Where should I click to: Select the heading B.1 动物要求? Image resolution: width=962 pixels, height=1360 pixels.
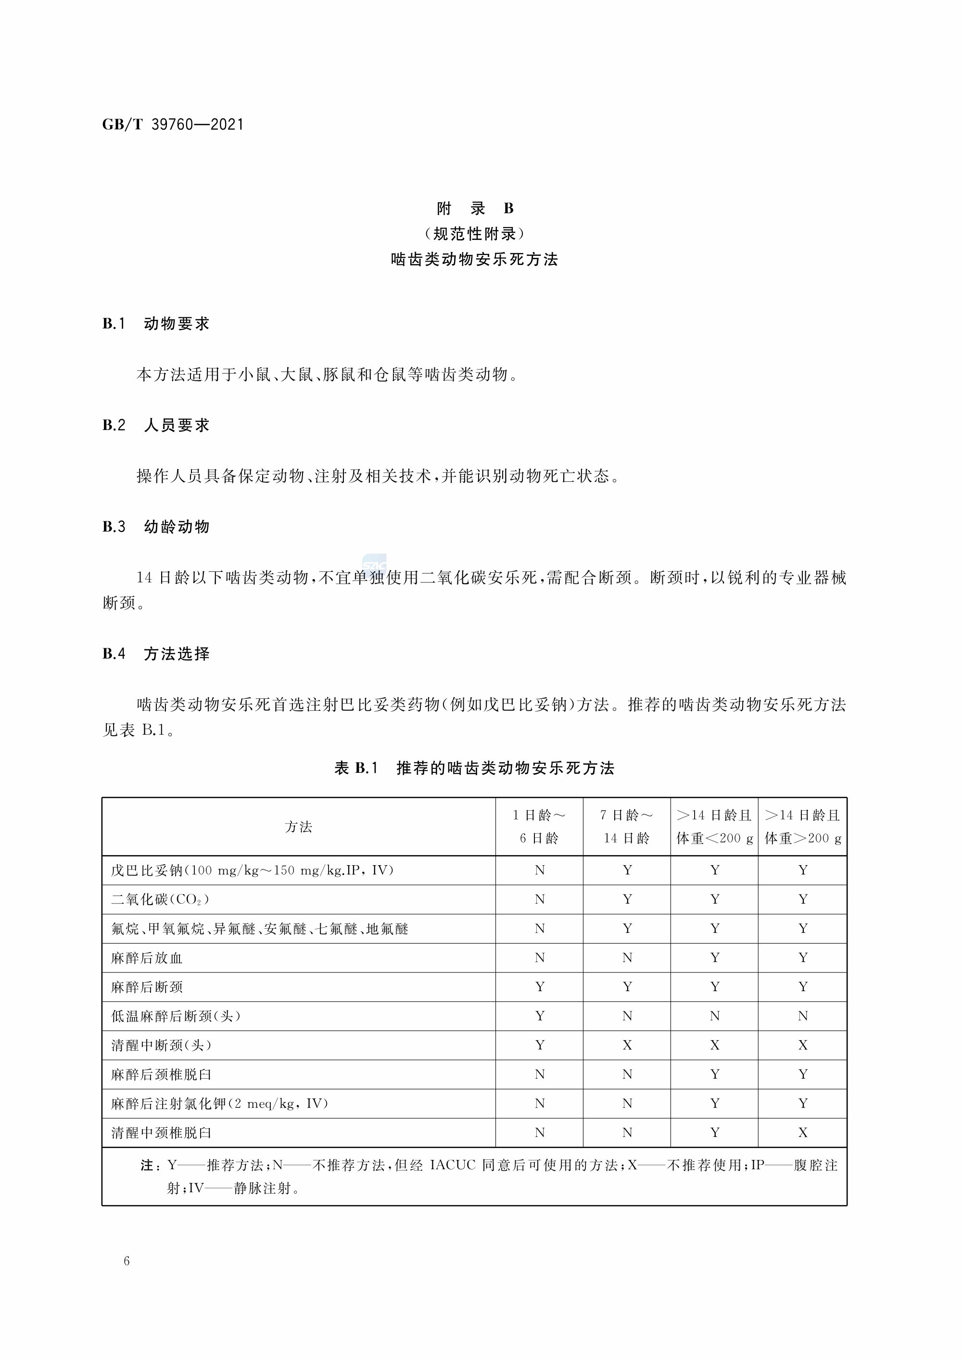pyautogui.click(x=156, y=324)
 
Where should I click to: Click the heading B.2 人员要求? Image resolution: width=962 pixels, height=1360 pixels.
pyautogui.click(x=156, y=425)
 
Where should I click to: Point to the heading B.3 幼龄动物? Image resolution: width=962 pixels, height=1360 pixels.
pyautogui.click(x=156, y=527)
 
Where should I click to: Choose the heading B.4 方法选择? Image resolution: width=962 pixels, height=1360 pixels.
pyautogui.click(x=156, y=654)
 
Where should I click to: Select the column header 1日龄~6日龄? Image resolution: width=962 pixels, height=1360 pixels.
pyautogui.click(x=539, y=827)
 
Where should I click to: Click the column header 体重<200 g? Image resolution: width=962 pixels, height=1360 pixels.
pyautogui.click(x=714, y=839)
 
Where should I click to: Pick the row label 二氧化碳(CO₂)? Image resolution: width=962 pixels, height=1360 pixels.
pyautogui.click(x=160, y=900)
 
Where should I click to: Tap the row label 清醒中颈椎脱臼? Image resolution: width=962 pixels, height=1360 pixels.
pyautogui.click(x=161, y=1133)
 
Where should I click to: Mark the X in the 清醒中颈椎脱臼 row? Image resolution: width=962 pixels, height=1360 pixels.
pyautogui.click(x=803, y=1133)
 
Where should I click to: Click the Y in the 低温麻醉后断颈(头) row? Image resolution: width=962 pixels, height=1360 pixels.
pyautogui.click(x=540, y=1016)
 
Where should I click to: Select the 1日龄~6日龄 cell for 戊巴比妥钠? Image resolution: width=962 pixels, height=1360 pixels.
pyautogui.click(x=540, y=870)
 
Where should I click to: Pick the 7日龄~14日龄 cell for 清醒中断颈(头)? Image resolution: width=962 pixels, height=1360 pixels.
pyautogui.click(x=627, y=1045)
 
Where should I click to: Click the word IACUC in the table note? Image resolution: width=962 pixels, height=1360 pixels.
pyautogui.click(x=453, y=1165)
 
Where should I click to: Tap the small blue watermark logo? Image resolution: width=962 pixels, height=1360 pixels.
pyautogui.click(x=374, y=563)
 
